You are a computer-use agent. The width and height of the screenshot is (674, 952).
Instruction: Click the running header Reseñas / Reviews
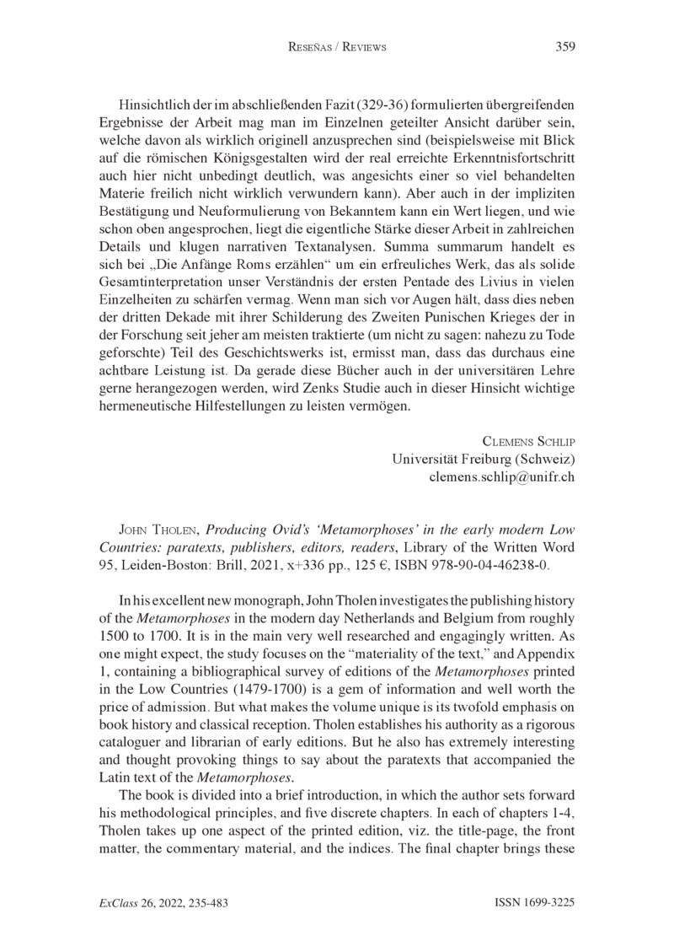point(336,48)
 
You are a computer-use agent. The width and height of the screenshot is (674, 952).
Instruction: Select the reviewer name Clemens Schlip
point(528,441)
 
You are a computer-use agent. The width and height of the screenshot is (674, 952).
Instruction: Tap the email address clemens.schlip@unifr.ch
point(502,476)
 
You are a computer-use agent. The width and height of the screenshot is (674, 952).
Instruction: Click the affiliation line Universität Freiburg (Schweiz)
point(484,459)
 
